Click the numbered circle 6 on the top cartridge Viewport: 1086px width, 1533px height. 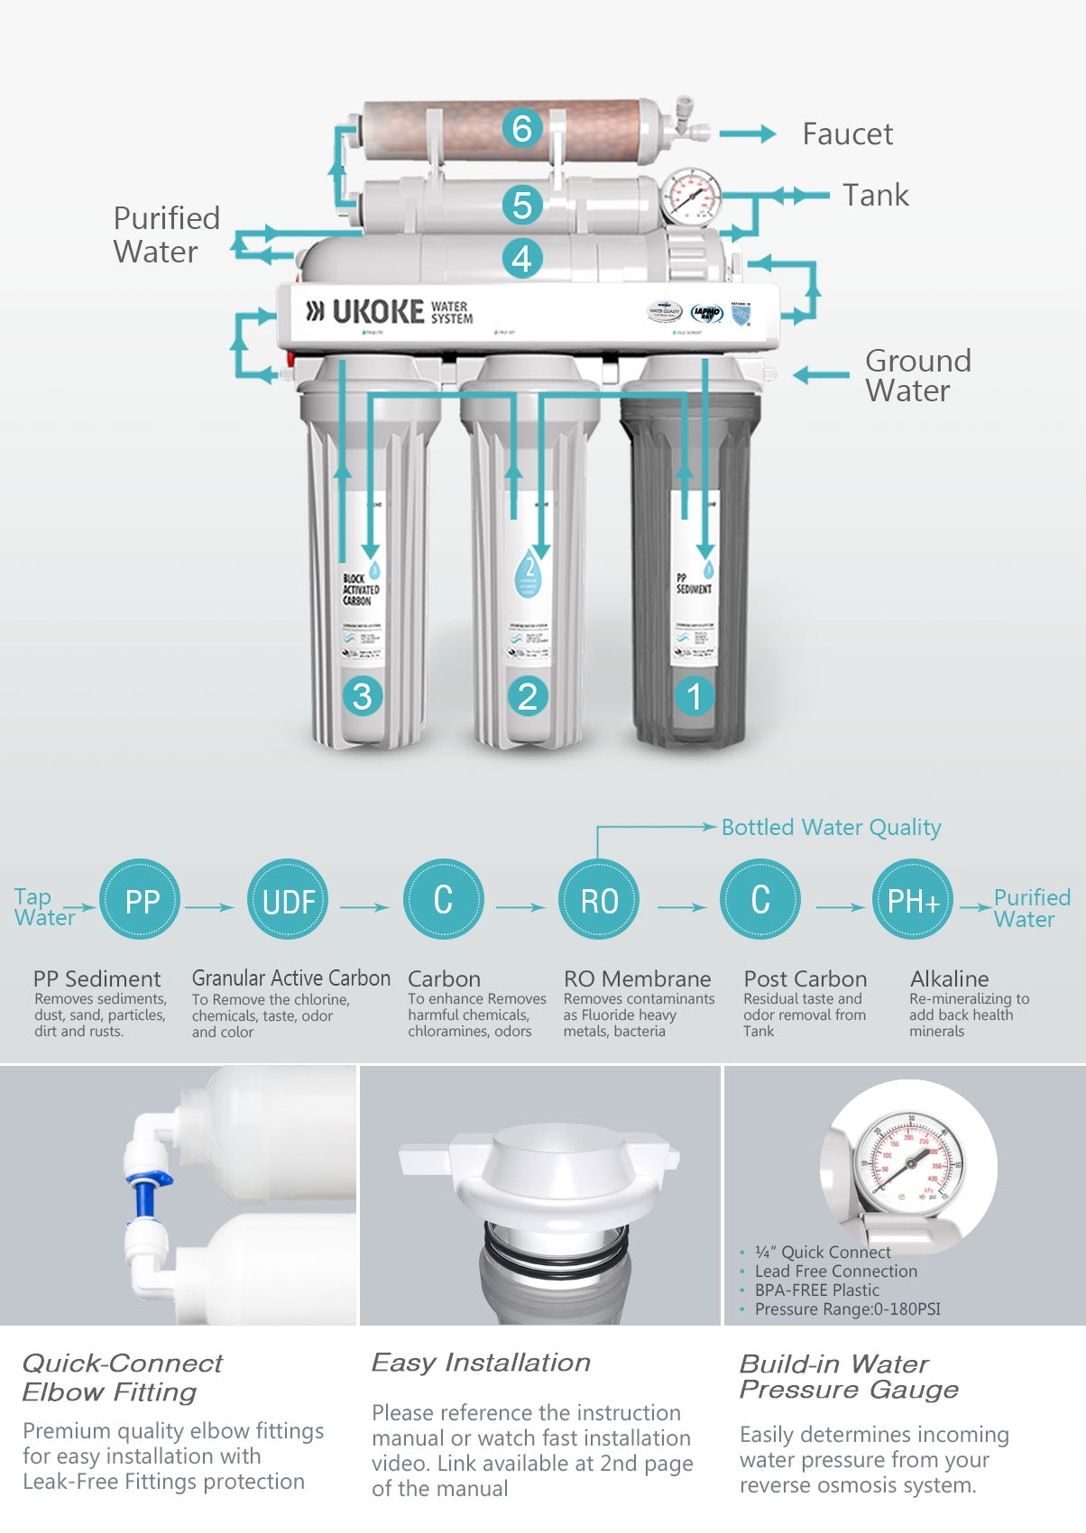coord(521,128)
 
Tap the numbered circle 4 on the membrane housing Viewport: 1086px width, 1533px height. coord(521,259)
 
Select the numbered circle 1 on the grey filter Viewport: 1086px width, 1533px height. coord(694,696)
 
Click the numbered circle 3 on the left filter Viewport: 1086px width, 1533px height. coord(362,696)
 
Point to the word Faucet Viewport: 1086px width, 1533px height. coord(847,134)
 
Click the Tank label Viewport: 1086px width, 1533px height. coord(875,196)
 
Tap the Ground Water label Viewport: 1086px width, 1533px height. coord(916,375)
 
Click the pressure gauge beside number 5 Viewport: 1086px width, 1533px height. coord(691,197)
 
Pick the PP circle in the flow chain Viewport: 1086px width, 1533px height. coord(141,900)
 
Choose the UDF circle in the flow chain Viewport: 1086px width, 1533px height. coord(289,900)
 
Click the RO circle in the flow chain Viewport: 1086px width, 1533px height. coord(598,900)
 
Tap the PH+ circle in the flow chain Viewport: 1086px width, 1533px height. coord(913,900)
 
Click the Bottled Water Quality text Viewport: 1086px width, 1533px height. coord(831,827)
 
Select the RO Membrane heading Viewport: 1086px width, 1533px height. coord(637,978)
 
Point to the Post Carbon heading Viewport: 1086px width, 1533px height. coord(805,978)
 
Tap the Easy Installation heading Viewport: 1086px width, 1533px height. coord(481,1363)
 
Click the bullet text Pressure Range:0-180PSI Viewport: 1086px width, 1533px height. coord(847,1308)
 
